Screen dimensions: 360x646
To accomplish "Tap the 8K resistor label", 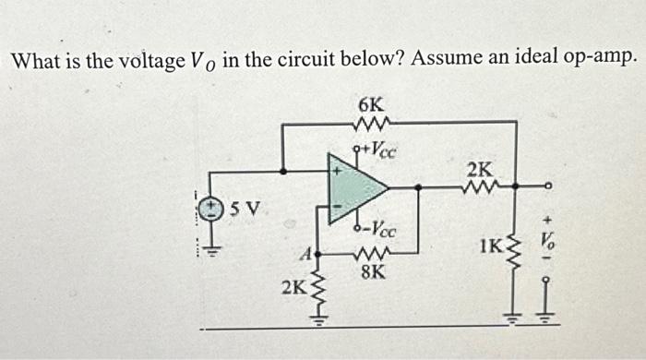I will (x=375, y=273).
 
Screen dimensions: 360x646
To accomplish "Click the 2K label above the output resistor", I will (x=480, y=169).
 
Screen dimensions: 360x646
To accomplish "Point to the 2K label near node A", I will (x=294, y=287).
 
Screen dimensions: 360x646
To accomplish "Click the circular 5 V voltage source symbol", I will (x=215, y=209).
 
